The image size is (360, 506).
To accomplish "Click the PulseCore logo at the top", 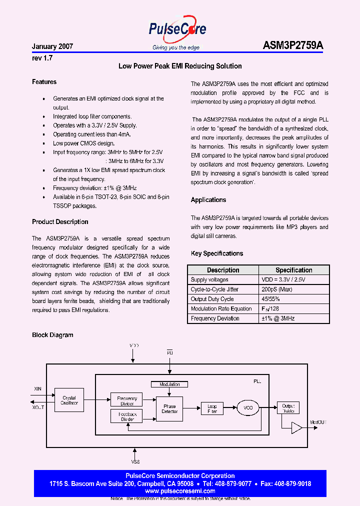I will pos(177,30).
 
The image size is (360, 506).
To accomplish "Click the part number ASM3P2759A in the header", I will pos(293,45).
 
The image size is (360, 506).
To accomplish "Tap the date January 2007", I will pos(52,46).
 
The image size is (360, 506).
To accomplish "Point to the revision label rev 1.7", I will pos(42,58).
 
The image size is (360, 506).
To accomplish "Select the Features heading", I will pos(44,82).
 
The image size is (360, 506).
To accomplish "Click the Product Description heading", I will pos(60,222).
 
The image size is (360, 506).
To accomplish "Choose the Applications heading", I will pos(208,200).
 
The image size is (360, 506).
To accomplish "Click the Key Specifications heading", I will pos(217,253).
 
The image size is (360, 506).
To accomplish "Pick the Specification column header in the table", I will pos(294,270).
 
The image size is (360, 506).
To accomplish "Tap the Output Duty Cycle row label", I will pos(212,299).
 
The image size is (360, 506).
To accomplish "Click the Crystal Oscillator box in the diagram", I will pos(69,400).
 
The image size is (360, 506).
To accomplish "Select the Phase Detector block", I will pos(169,408).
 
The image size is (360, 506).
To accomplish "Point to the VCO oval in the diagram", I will pos(248,408).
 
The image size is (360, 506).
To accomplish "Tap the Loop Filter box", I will pos(212,408).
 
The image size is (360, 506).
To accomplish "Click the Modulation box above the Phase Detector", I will pos(169,384).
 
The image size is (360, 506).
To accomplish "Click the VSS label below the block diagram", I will pos(135,462).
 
